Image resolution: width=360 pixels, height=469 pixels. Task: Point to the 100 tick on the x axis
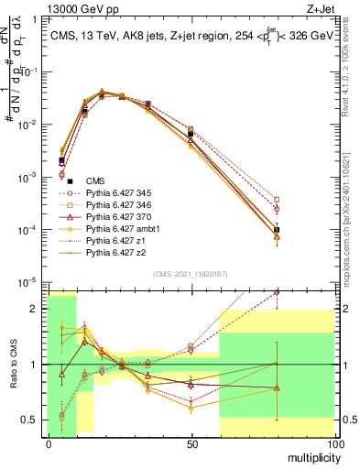pyautogui.click(x=334, y=442)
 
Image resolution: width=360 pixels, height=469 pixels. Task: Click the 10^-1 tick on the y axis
pyautogui.click(x=30, y=71)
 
